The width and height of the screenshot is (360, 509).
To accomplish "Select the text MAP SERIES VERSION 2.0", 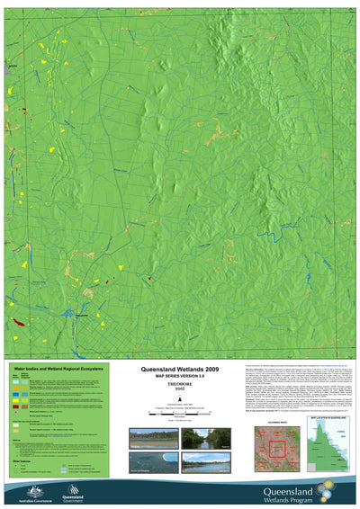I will [175, 377].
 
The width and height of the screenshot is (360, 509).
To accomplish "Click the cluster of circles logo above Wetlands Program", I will [335, 474].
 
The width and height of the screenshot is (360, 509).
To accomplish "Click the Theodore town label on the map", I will [81, 317].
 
